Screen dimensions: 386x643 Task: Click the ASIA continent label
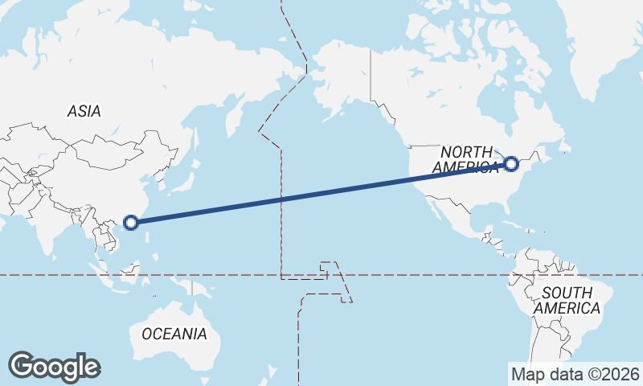[x=84, y=112]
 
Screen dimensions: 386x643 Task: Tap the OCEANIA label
[x=174, y=333]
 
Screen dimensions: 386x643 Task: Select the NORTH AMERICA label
[x=467, y=159]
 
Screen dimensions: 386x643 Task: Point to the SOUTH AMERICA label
[x=567, y=300]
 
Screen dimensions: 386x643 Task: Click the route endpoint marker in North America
[x=511, y=165]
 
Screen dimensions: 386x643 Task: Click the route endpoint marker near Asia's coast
[x=132, y=222]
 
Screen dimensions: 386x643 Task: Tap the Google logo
[x=54, y=367]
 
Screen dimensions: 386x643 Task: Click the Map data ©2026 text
[x=575, y=374]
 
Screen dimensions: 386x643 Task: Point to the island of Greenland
[x=603, y=48]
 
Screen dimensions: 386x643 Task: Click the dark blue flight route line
[x=321, y=194]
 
